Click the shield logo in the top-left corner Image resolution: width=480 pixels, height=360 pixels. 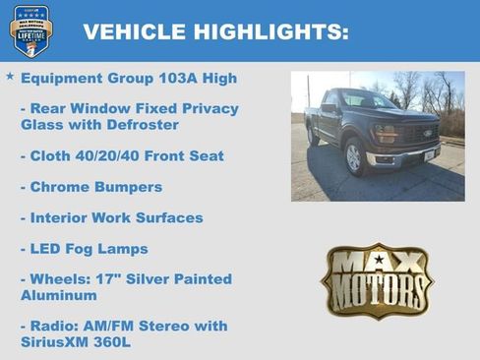coord(30,30)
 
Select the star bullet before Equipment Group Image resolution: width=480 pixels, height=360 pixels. coord(10,76)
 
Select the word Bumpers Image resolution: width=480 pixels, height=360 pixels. coord(127,187)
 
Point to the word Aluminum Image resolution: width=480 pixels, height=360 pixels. coord(59,295)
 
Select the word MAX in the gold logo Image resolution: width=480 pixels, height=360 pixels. coord(378,263)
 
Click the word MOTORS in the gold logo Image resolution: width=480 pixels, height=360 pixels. coord(378,291)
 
